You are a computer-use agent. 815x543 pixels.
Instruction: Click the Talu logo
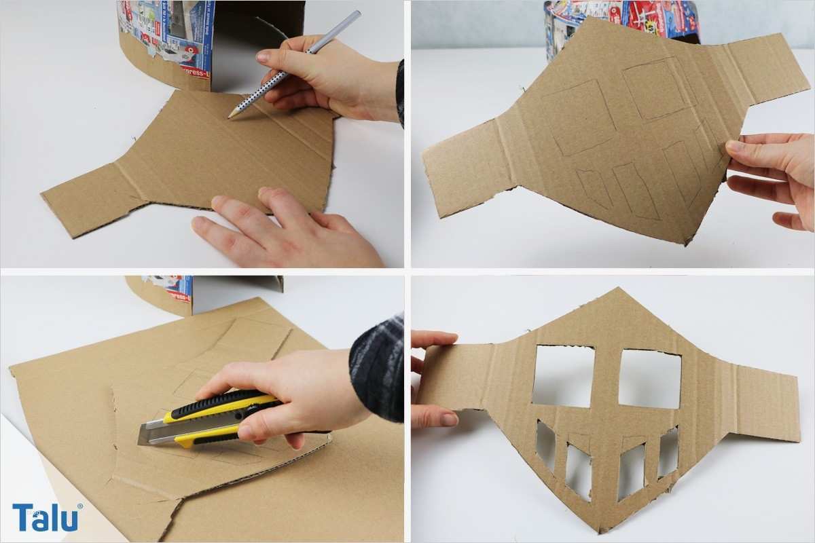pyautogui.click(x=46, y=517)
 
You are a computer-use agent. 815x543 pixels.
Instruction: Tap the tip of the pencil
pyautogui.click(x=230, y=117)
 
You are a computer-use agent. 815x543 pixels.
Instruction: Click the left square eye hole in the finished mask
pyautogui.click(x=563, y=375)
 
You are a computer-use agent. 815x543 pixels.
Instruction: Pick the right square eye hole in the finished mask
pyautogui.click(x=649, y=378)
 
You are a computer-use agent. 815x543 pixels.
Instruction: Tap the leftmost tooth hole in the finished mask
pyautogui.click(x=545, y=445)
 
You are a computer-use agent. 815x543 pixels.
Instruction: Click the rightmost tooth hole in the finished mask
pyautogui.click(x=668, y=451)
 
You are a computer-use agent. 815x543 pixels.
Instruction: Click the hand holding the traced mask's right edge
pyautogui.click(x=774, y=176)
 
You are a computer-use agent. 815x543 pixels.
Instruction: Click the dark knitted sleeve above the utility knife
pyautogui.click(x=377, y=367)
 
